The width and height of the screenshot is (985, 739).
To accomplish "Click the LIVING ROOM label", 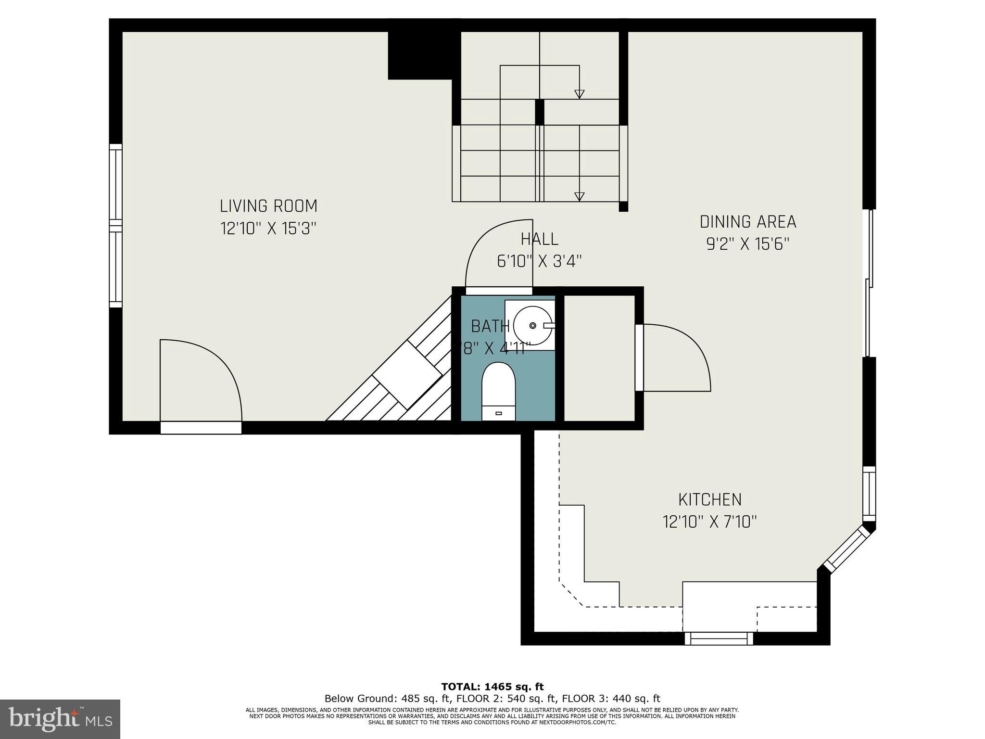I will coord(268,206).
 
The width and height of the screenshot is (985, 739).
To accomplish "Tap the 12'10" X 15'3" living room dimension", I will coord(268,228).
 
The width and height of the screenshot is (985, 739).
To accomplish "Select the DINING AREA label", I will coord(747,222).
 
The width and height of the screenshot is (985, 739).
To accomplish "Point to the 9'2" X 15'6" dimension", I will coord(747,244).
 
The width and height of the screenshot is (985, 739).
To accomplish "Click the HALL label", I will coord(539,239).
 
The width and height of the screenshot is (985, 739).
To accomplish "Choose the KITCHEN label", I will coord(709,500).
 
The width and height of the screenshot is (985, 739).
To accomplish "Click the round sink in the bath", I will coord(532,326).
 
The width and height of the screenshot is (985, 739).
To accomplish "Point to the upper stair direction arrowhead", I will coord(579,94).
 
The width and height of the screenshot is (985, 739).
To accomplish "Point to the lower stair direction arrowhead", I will coord(579,196).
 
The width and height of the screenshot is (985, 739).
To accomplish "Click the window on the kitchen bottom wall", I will coord(719,638).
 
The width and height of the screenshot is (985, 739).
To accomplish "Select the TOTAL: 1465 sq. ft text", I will coord(492,687).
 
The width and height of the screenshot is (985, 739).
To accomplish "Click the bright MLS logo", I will coord(60,719).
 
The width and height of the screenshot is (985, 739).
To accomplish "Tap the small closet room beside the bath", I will coord(599,358).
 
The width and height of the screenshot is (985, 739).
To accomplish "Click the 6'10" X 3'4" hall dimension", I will coord(539,261).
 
